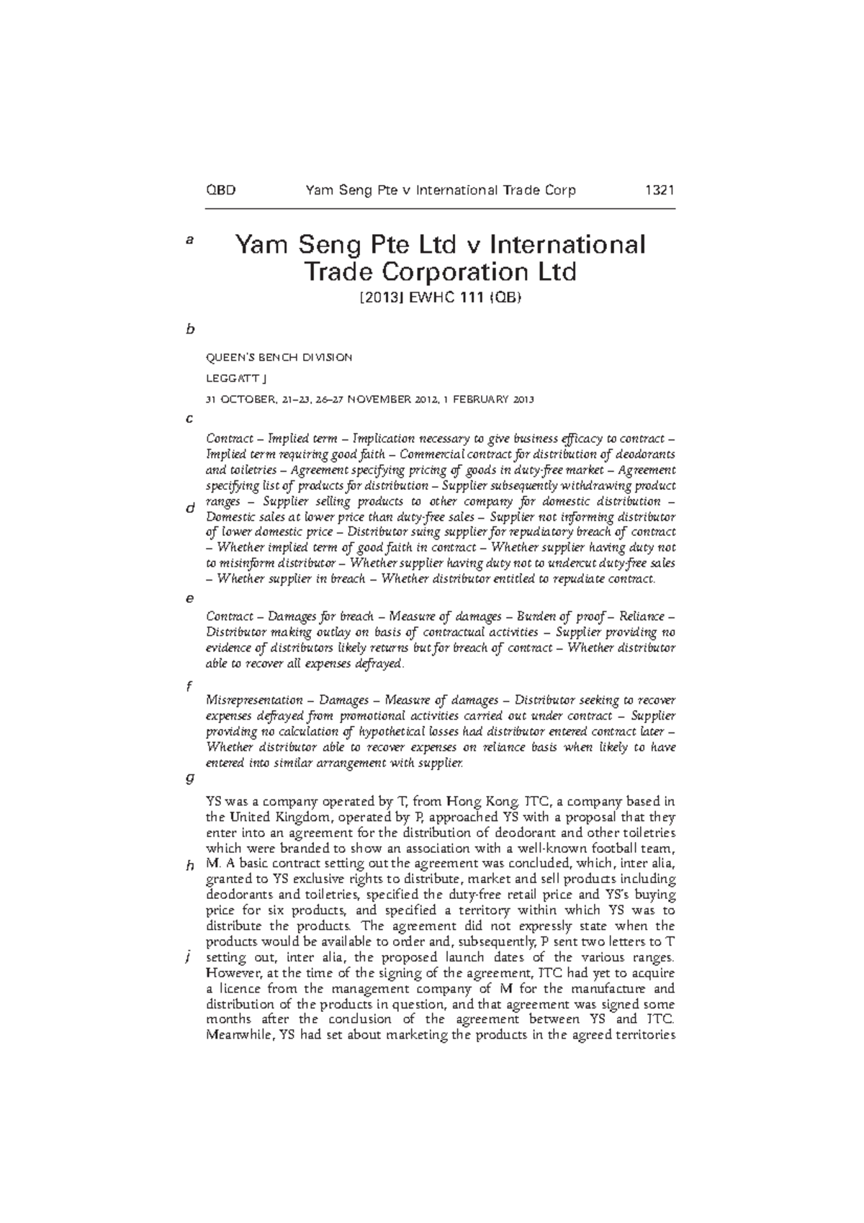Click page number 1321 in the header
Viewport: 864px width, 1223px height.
click(658, 191)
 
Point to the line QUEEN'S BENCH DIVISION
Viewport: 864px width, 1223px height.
click(279, 357)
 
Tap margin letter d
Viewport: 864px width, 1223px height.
click(190, 509)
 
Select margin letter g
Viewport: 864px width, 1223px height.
click(189, 778)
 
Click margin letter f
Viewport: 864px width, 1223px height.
click(189, 686)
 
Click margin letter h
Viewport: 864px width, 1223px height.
click(190, 866)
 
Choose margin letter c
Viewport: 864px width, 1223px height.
click(189, 418)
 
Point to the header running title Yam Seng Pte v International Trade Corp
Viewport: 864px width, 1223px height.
click(441, 191)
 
